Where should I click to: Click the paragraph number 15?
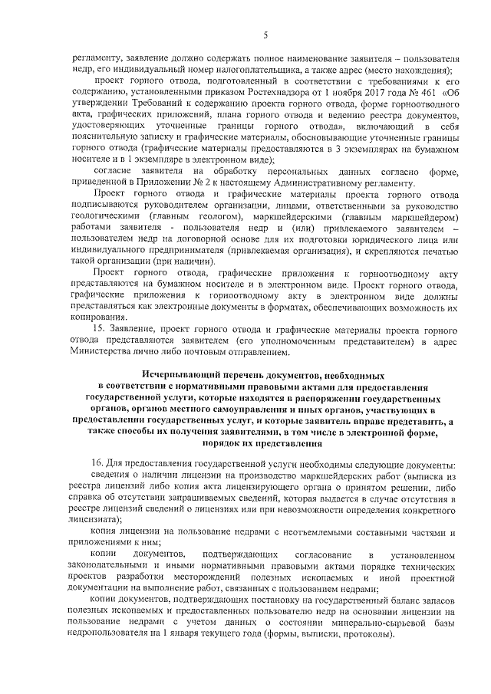(97, 328)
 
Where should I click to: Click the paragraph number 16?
(97, 466)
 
